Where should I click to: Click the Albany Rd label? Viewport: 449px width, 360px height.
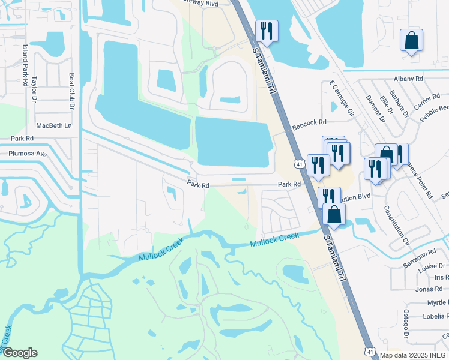point(409,79)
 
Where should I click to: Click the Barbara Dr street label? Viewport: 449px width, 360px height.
point(399,104)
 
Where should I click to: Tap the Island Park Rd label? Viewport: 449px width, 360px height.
point(25,60)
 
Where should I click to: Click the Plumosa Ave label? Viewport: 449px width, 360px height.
point(28,153)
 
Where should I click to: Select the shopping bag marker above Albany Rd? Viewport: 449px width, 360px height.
point(411,41)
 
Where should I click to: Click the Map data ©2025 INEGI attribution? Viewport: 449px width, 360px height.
point(414,355)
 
